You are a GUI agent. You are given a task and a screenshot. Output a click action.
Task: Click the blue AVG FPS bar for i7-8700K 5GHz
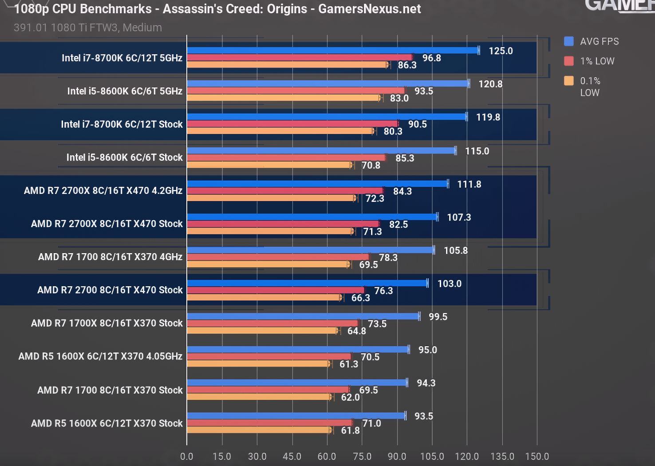click(x=333, y=51)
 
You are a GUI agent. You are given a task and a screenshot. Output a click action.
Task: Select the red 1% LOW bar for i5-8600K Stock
click(x=286, y=158)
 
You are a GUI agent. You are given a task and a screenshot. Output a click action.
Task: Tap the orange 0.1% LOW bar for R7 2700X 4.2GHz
click(x=271, y=198)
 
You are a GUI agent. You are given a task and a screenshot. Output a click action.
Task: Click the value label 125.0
click(x=501, y=51)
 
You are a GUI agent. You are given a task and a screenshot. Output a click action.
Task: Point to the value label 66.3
click(x=360, y=298)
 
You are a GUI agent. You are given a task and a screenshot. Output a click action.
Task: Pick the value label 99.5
click(x=438, y=317)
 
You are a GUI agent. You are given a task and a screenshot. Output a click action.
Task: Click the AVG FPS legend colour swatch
click(x=569, y=41)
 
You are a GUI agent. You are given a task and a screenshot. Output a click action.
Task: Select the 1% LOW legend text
click(x=597, y=61)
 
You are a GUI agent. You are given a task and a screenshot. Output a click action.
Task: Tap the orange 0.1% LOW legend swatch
click(x=569, y=81)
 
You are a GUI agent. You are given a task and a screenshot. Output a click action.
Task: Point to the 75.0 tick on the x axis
click(x=362, y=456)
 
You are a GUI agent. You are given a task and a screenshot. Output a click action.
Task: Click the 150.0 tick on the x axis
click(x=537, y=456)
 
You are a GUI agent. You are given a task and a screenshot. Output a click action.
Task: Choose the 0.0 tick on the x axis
click(x=187, y=456)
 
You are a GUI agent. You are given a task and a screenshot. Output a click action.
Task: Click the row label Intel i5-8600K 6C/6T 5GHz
click(x=125, y=91)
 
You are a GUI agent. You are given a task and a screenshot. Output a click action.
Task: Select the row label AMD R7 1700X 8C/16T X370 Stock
click(x=107, y=323)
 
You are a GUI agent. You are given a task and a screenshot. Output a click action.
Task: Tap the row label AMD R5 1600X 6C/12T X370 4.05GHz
click(x=100, y=356)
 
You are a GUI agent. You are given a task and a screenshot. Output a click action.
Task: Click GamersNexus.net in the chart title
click(x=370, y=9)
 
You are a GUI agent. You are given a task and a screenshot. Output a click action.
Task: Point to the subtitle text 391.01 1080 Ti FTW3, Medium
click(x=88, y=28)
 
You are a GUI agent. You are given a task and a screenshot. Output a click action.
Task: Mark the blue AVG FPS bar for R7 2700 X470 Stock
click(x=307, y=283)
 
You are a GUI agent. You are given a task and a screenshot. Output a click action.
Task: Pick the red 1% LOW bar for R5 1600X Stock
click(x=269, y=423)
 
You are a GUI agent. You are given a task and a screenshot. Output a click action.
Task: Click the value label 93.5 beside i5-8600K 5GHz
click(x=423, y=91)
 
